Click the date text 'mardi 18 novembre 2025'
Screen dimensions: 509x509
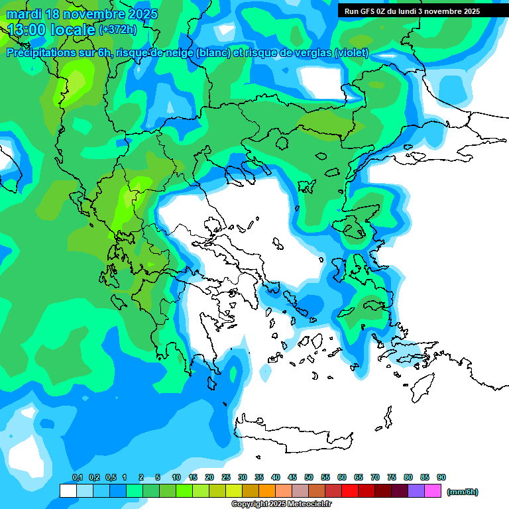coord(82,14)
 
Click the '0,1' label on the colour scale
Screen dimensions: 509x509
coord(78,477)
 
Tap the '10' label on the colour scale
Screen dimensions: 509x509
coord(176,477)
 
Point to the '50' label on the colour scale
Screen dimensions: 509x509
coord(309,477)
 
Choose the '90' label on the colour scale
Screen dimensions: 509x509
coord(441,477)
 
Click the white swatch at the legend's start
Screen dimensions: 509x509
coord(68,491)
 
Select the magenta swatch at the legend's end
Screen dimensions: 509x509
coord(433,491)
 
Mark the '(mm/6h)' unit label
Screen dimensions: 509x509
coord(463,492)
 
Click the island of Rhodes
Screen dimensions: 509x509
coord(422,388)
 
